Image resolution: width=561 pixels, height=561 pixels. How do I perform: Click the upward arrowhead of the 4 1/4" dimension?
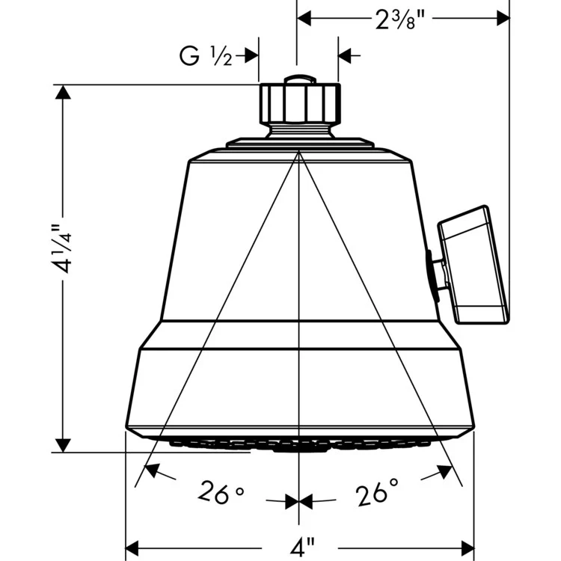(63, 93)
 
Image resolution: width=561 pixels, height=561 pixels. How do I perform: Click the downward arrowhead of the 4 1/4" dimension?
(63, 443)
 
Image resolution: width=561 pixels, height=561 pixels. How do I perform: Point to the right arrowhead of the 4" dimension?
(465, 545)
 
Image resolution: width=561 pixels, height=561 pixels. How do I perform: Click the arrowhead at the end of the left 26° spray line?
(150, 470)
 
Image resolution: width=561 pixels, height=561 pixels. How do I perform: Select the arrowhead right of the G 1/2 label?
(347, 55)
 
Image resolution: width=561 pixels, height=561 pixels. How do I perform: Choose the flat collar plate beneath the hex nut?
(299, 141)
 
